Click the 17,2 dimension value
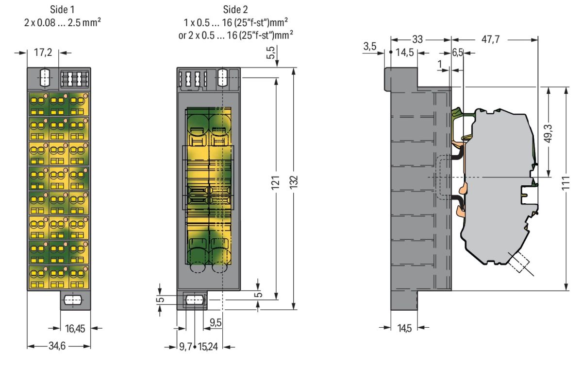45,53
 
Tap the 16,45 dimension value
75,328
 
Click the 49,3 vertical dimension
549,131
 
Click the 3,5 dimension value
369,47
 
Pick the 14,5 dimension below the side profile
404,328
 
